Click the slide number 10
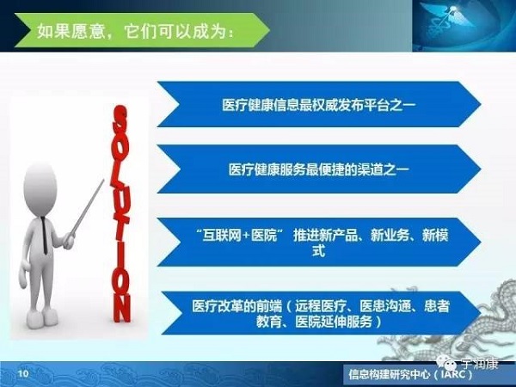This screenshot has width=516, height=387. click(x=23, y=373)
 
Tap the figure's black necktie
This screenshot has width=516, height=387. click(x=44, y=235)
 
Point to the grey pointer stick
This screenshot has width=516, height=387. click(x=87, y=207)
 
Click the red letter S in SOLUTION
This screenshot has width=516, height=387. click(x=120, y=119)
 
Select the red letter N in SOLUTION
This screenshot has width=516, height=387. click(x=122, y=308)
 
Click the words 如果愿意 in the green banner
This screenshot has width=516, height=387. click(x=71, y=31)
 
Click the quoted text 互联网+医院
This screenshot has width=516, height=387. click(x=239, y=236)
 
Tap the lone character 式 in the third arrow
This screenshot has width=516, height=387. click(x=318, y=251)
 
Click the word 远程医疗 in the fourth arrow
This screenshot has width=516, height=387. click(x=321, y=306)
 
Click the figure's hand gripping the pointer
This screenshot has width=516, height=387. click(x=69, y=241)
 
